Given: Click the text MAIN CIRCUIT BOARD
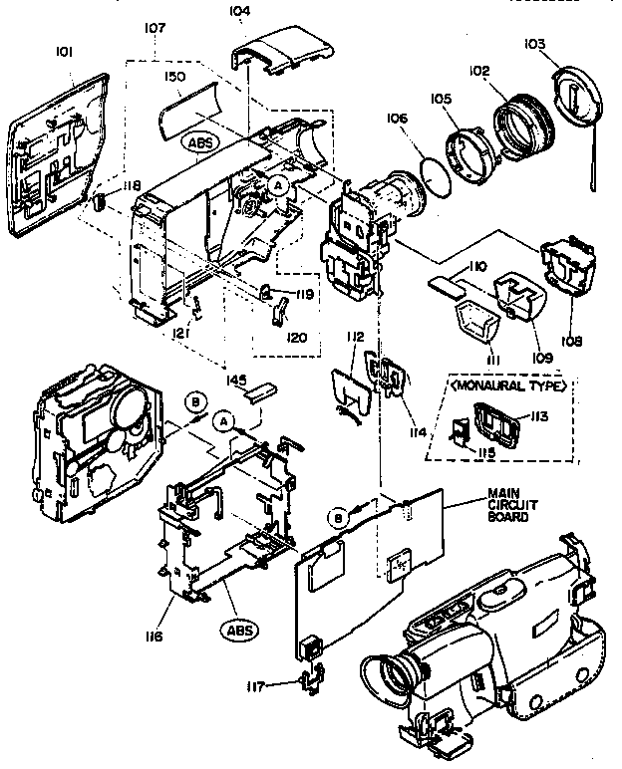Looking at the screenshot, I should [x=509, y=505].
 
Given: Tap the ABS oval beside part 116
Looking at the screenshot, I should [x=237, y=630].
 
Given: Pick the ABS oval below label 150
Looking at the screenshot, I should [x=200, y=142].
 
